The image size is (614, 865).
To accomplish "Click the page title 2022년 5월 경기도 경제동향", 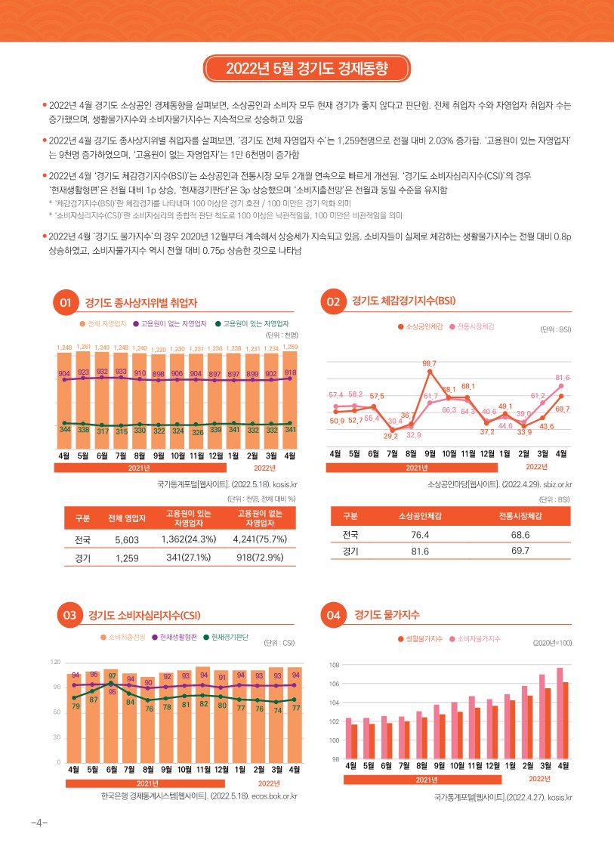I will pos(307,69).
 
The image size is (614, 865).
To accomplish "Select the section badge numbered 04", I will pos(333,615).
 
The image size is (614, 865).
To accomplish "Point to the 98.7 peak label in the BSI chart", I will pos(429,364).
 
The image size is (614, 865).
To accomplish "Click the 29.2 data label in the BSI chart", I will pos(391,436).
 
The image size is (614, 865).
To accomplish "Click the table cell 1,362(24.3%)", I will pos(189,539).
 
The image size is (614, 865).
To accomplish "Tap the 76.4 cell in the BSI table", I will pos(420,534).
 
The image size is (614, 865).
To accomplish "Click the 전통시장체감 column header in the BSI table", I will pos(521,515).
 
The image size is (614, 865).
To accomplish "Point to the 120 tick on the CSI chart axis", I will pos(55,662).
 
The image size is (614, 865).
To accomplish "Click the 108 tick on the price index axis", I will pos(335,665).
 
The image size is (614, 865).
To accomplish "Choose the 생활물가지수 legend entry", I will pos(424,639).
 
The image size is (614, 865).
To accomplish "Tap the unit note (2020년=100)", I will pos(552,642).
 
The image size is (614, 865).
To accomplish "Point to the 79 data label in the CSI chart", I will pos(75,706).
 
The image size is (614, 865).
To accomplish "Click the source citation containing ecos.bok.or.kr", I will pos(199,795).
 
